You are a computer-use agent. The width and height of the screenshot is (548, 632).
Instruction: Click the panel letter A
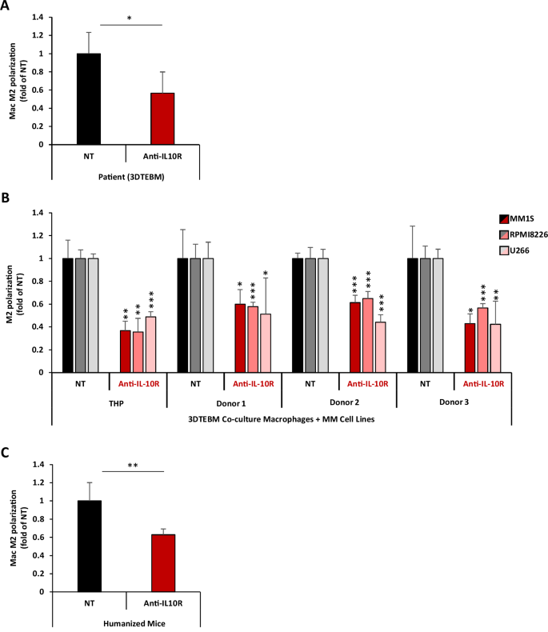tap(6, 7)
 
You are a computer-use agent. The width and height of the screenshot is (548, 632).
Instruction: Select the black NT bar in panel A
tap(89, 99)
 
